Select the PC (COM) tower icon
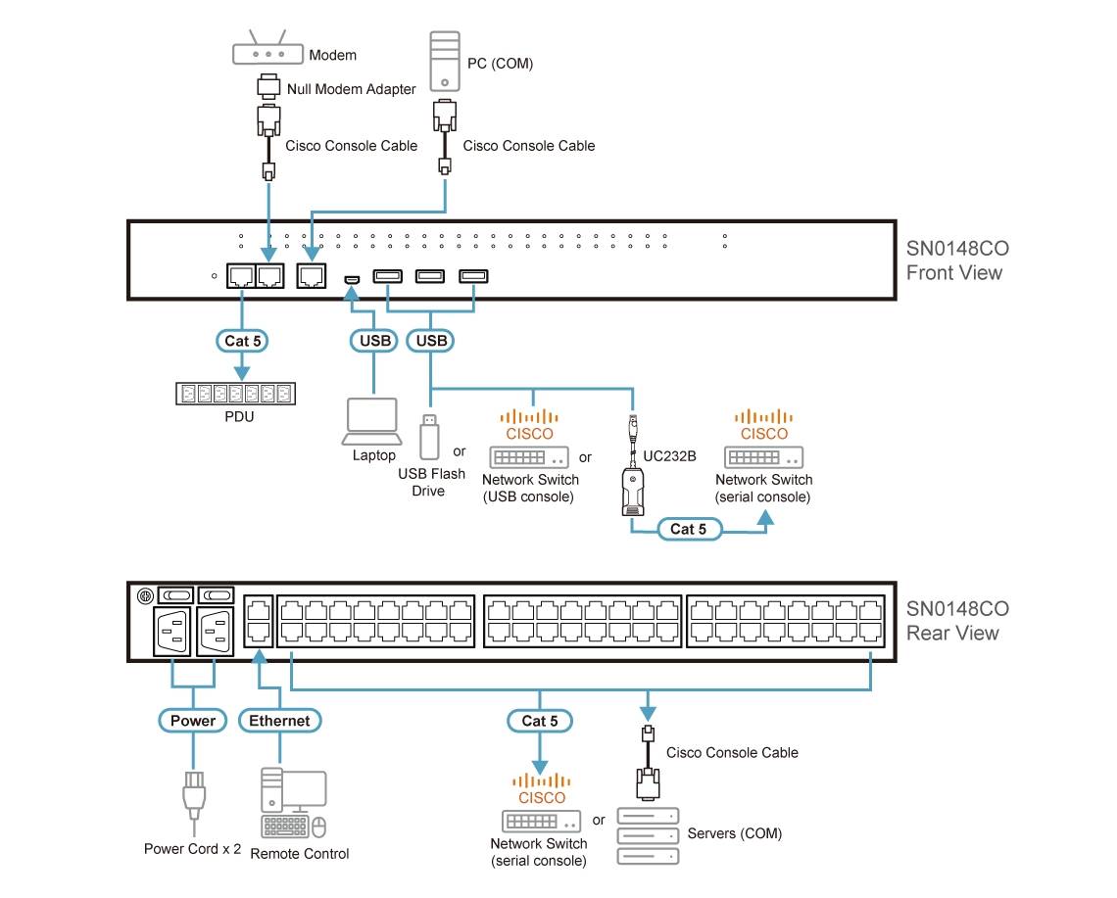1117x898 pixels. coord(445,60)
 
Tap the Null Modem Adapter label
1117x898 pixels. coord(351,89)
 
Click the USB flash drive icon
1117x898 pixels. coord(428,437)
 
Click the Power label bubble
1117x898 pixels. coord(193,721)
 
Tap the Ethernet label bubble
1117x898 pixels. coord(279,721)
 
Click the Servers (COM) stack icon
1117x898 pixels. coord(647,835)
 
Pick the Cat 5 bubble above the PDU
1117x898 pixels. coord(242,341)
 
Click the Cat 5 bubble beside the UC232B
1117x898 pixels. coord(688,529)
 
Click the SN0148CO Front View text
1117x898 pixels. coord(954,260)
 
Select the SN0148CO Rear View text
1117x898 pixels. coord(953,621)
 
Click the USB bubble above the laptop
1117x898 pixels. coord(373,341)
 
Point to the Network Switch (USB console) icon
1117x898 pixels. coord(530,457)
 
